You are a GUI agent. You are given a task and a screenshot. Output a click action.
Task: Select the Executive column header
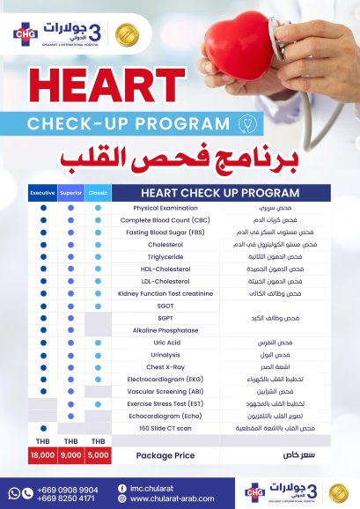[43, 192]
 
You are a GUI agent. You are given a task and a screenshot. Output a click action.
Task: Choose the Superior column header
[70, 192]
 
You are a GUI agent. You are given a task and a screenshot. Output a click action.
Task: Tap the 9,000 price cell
[70, 455]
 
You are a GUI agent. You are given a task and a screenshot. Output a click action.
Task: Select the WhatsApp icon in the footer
[14, 493]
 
